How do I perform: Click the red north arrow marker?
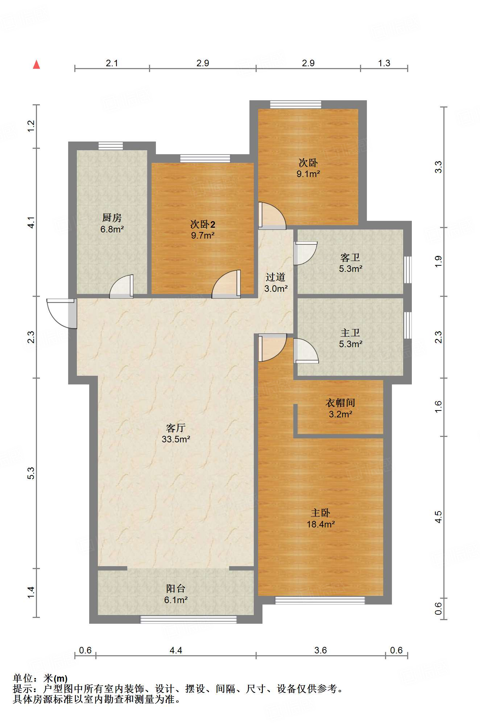click(36, 64)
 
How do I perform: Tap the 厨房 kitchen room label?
click(112, 218)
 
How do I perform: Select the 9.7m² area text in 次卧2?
click(203, 235)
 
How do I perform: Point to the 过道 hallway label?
click(276, 277)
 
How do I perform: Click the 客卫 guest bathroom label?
click(350, 257)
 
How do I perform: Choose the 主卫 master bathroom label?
click(350, 333)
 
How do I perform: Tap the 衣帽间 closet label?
click(340, 403)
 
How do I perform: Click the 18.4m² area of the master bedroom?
click(321, 524)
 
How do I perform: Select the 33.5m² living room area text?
click(176, 439)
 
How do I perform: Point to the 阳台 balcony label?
click(176, 589)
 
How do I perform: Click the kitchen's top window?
click(111, 146)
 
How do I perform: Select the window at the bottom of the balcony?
click(189, 619)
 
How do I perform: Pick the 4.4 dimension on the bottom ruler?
click(176, 651)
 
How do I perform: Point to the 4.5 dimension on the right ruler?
click(438, 517)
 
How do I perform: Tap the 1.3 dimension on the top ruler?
click(384, 63)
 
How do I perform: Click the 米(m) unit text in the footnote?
click(55, 678)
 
